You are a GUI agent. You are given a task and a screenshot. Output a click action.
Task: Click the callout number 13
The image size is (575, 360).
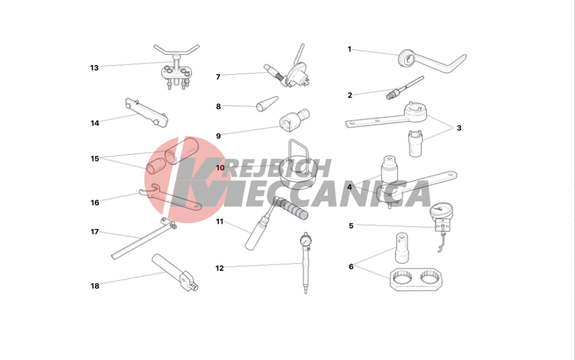pyautogui.click(x=94, y=68)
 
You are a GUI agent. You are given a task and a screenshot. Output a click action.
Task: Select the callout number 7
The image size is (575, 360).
pyautogui.click(x=218, y=76)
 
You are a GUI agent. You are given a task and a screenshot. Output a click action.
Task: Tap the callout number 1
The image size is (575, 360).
pyautogui.click(x=350, y=49)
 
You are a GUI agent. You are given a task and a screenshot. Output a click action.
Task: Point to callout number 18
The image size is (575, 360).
pyautogui.click(x=95, y=286)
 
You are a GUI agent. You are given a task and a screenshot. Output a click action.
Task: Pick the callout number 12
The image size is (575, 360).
pyautogui.click(x=219, y=269)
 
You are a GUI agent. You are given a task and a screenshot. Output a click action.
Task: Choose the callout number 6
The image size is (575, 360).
pyautogui.click(x=351, y=266)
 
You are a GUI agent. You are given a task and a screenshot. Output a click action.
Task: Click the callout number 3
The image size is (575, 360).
pyautogui.click(x=459, y=128)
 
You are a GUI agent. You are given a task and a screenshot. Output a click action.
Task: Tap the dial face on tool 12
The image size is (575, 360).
pyautogui.click(x=305, y=241)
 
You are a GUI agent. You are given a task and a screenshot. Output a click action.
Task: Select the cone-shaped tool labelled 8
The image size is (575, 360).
pyautogui.click(x=267, y=104)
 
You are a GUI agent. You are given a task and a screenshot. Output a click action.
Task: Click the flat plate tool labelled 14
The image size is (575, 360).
pyautogui.click(x=146, y=113)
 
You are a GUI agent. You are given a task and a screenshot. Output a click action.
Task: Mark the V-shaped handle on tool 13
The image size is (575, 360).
pyautogui.click(x=177, y=51)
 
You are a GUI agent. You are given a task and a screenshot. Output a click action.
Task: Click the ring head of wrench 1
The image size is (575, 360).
pyautogui.click(x=407, y=59)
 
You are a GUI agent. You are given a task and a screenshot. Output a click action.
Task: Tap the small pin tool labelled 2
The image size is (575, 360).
pyautogui.click(x=405, y=87)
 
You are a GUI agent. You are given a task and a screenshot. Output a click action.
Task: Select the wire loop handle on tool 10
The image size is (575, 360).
pyautogui.click(x=298, y=150)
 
